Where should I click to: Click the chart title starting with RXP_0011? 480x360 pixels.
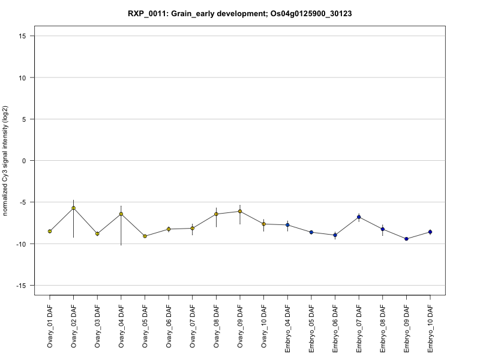point(239,14)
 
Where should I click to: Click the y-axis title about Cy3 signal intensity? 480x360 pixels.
point(5,161)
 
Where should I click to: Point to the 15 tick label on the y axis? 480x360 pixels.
point(22,36)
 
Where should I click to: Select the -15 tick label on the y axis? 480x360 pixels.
point(21,286)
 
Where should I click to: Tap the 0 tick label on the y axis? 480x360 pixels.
point(24,161)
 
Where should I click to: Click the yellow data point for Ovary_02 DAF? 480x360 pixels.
point(73,208)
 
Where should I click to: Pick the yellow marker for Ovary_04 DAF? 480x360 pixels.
point(121,214)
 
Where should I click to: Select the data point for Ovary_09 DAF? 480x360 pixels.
point(240,211)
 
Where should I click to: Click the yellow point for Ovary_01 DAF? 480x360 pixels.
point(50,232)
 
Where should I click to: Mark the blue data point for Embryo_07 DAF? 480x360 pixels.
point(359,217)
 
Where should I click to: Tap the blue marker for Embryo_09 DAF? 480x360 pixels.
point(406,239)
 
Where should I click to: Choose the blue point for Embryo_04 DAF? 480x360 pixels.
point(287,225)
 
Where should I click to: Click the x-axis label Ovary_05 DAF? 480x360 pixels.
point(145,326)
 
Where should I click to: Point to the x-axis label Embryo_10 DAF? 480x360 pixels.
point(430,329)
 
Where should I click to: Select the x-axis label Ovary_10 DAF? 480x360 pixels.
point(264,326)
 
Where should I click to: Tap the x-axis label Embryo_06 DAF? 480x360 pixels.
point(335,329)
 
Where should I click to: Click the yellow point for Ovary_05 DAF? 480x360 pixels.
point(145,236)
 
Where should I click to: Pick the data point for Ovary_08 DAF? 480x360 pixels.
point(216,214)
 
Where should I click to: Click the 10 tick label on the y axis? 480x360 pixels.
point(22,78)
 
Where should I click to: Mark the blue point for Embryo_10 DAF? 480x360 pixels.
point(430,232)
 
